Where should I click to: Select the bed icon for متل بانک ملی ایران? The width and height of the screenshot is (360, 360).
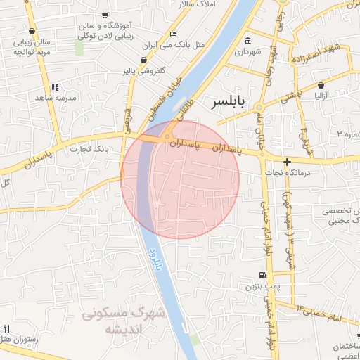(174, 34)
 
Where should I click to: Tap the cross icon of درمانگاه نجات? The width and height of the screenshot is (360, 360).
(287, 162)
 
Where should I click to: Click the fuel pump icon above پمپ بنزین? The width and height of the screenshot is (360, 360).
(262, 275)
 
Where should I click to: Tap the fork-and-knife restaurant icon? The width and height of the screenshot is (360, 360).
(7, 328)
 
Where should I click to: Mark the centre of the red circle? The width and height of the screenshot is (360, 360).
(180, 180)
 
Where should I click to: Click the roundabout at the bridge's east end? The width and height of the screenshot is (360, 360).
(168, 137)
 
